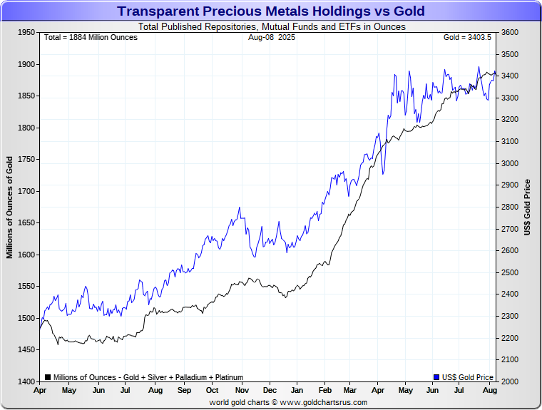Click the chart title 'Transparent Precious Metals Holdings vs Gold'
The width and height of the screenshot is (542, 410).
[x=271, y=11]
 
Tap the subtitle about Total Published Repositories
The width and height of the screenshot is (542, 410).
[x=271, y=27]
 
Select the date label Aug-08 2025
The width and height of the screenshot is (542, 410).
[x=271, y=37]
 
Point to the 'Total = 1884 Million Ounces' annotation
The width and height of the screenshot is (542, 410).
[x=91, y=37]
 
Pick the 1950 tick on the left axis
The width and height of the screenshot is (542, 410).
[x=27, y=33]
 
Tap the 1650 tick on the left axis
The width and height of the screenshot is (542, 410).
[x=27, y=223]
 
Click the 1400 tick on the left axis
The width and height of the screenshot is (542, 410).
[x=27, y=381]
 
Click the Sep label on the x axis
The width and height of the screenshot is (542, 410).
[x=184, y=391]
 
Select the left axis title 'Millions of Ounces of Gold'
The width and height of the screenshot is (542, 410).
[x=11, y=207]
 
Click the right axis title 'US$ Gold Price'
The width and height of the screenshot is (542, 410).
[x=528, y=207]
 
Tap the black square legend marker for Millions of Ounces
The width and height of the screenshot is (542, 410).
[x=47, y=377]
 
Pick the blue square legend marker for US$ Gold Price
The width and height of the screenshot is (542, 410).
[x=436, y=377]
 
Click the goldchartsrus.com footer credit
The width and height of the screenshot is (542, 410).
[x=288, y=402]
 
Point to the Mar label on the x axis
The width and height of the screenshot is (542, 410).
[x=350, y=391]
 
